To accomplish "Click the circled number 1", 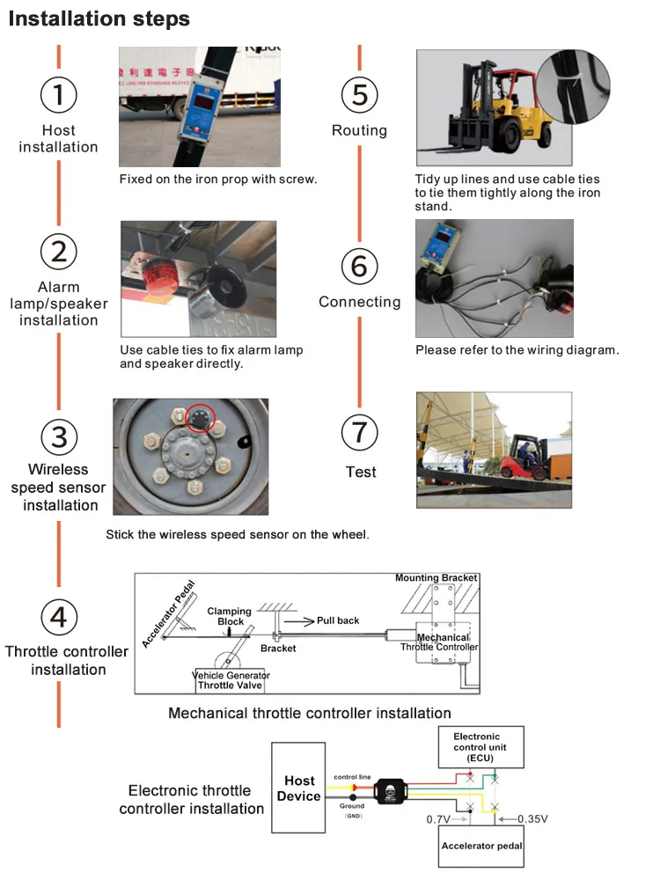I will pyautogui.click(x=59, y=94).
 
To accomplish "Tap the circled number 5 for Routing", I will pyautogui.click(x=359, y=94).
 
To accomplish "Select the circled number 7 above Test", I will pyautogui.click(x=359, y=432).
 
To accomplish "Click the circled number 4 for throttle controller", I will pyautogui.click(x=58, y=616).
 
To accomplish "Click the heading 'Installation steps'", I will pyautogui.click(x=99, y=18).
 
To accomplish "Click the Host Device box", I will pyautogui.click(x=298, y=788).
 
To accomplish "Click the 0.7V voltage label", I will pyautogui.click(x=438, y=819).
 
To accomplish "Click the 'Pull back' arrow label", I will pyautogui.click(x=338, y=620).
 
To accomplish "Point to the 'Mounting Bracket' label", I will pyautogui.click(x=436, y=578).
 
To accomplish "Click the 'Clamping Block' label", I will pyautogui.click(x=229, y=616).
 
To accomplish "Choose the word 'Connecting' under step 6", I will pyautogui.click(x=359, y=302).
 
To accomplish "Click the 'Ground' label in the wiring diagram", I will pyautogui.click(x=351, y=805).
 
